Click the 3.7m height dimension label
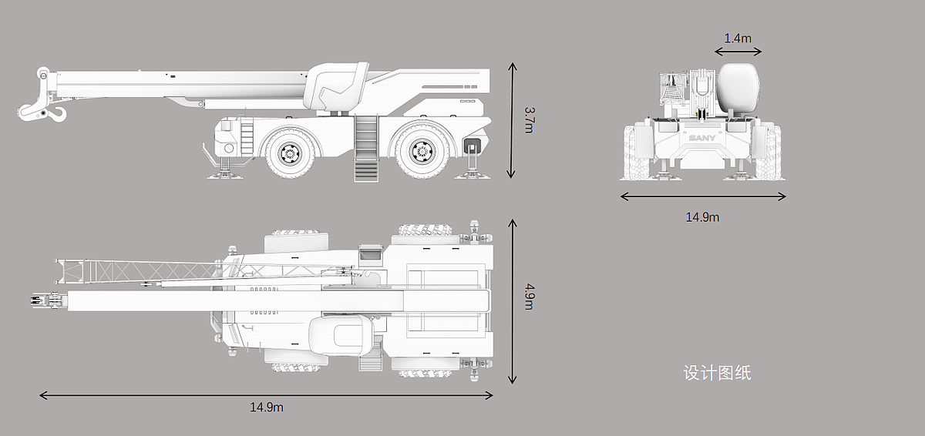[x=530, y=120]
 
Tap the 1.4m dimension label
[x=738, y=39]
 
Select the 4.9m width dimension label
[x=530, y=296]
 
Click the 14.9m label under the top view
[x=267, y=407]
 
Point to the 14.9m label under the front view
[x=702, y=217]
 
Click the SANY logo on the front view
[x=702, y=138]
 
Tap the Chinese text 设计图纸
[x=718, y=373]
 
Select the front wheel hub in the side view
[x=291, y=153]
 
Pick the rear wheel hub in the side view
[x=422, y=152]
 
